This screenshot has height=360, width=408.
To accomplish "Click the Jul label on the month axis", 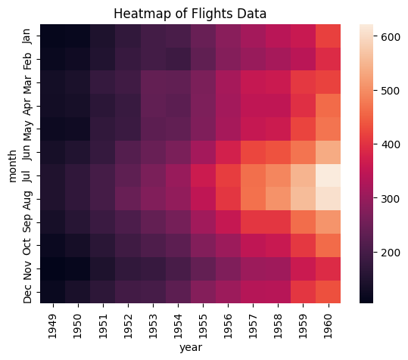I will click(27, 175).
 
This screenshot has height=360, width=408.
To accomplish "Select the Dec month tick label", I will click(27, 292).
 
